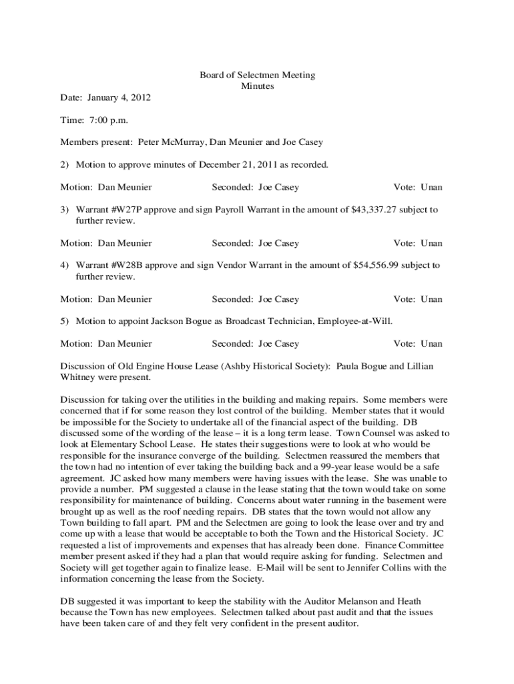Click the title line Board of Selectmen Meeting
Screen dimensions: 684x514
coord(257,75)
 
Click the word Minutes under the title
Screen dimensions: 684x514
coord(257,86)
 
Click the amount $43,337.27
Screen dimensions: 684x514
coord(376,210)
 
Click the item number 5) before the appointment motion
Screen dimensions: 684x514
coord(65,321)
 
